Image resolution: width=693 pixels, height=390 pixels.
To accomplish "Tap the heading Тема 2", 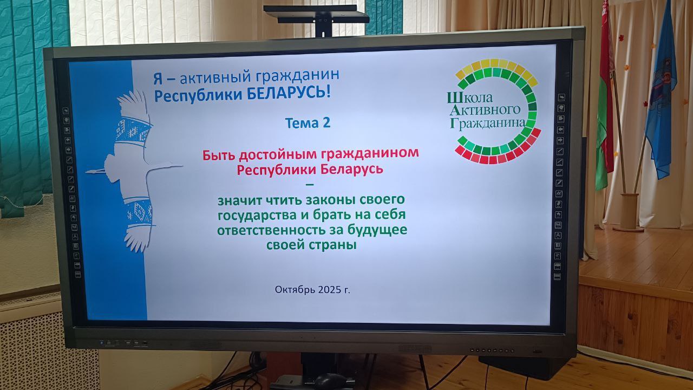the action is pyautogui.click(x=308, y=123).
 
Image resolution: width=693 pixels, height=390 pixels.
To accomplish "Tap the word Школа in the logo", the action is pyautogui.click(x=469, y=98).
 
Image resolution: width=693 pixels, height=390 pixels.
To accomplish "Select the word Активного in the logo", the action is pyautogui.click(x=485, y=110).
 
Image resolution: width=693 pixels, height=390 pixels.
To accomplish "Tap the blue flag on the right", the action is pyautogui.click(x=662, y=93).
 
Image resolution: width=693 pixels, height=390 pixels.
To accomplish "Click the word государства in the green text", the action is pyautogui.click(x=257, y=216).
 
